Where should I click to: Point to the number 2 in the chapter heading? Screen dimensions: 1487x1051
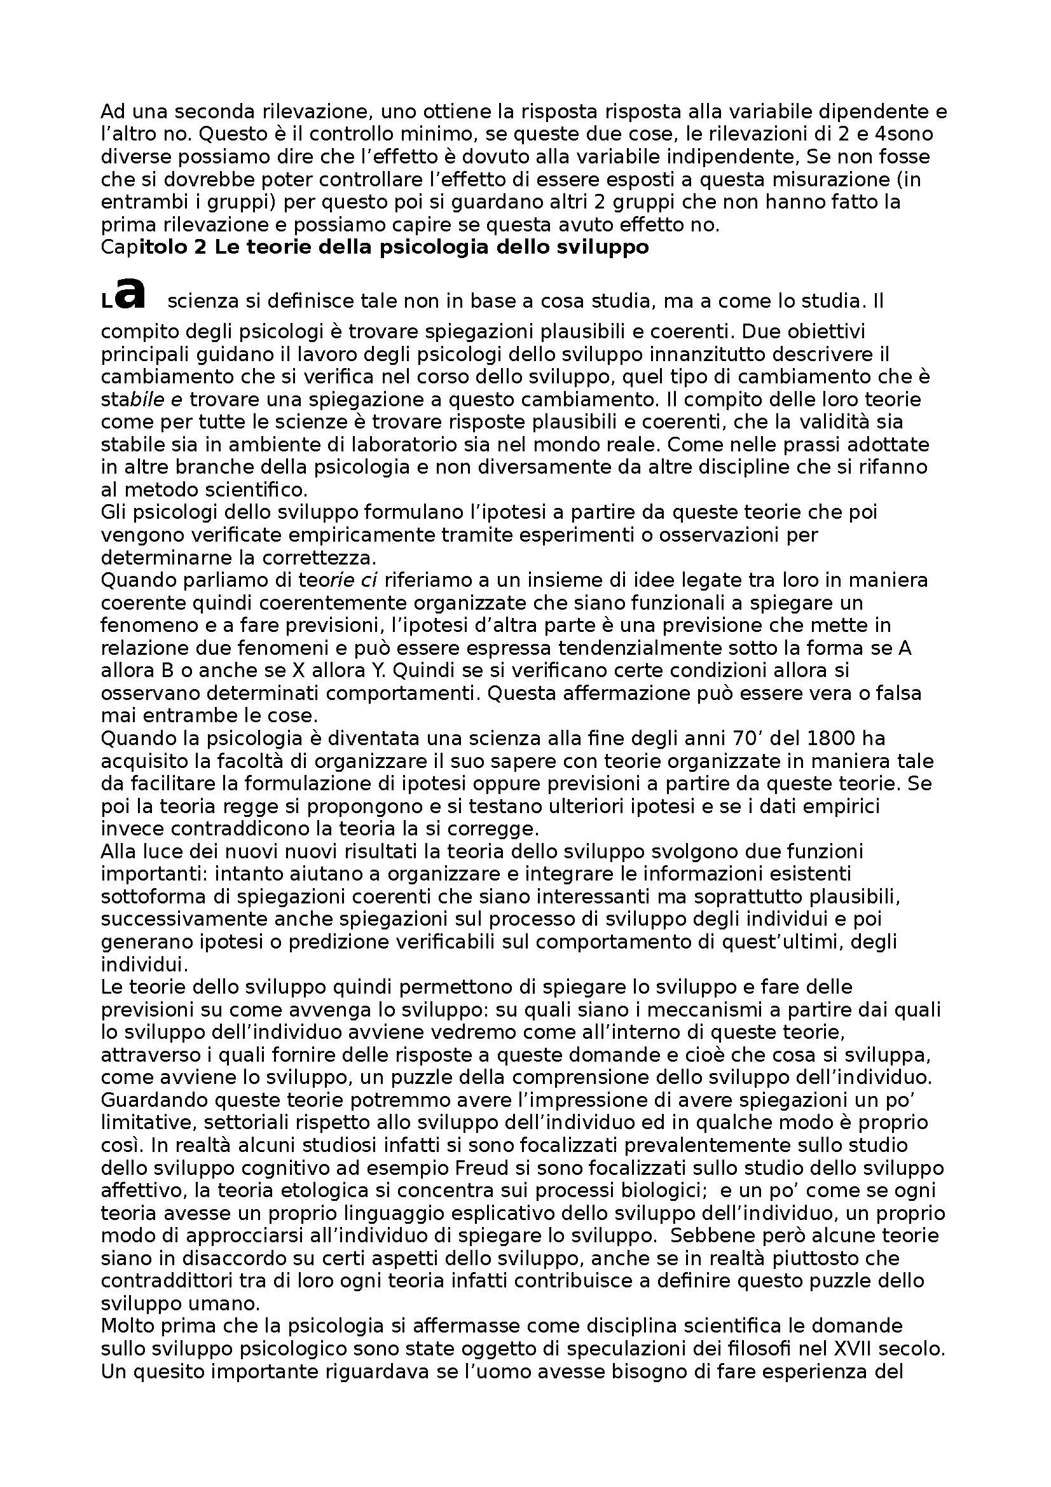coord(200,248)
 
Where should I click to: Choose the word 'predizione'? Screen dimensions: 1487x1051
coord(338,942)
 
